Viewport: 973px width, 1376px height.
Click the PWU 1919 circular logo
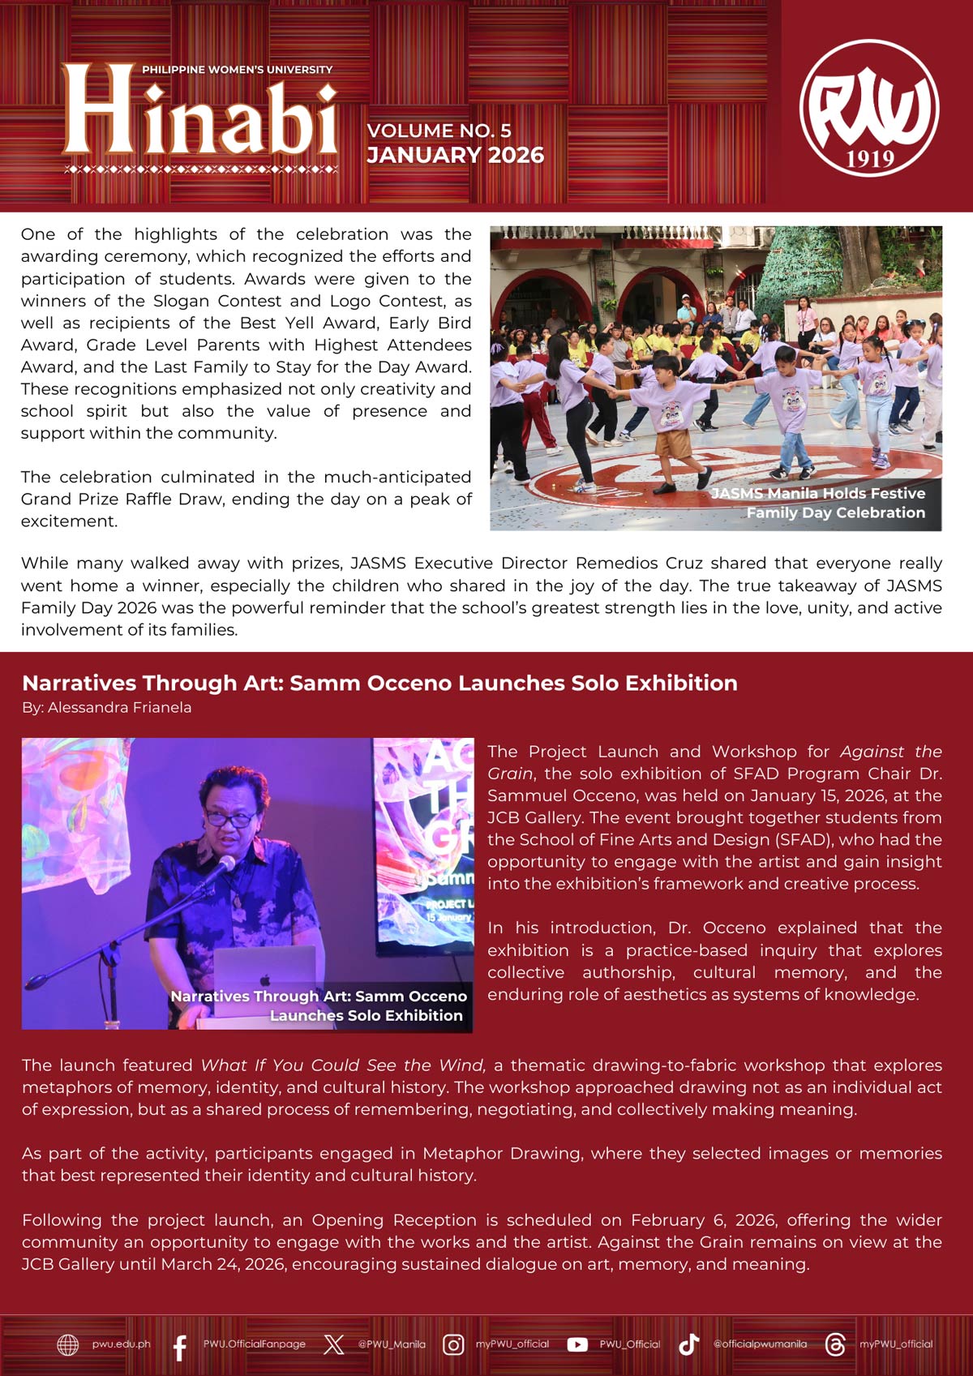(x=869, y=108)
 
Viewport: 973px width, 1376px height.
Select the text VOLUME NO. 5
(x=439, y=131)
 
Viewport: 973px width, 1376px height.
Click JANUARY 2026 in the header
(x=455, y=155)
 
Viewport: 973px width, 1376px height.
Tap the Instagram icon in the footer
(x=453, y=1344)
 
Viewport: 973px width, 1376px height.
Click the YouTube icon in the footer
(x=577, y=1344)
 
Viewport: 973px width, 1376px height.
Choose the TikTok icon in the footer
(x=688, y=1344)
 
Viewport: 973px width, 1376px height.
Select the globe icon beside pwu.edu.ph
(x=68, y=1344)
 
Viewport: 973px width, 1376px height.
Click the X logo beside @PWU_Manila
(x=333, y=1344)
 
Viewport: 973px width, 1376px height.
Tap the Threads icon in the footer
(x=834, y=1344)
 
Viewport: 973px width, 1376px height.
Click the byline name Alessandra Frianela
(x=119, y=707)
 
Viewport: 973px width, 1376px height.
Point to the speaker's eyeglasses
(x=230, y=819)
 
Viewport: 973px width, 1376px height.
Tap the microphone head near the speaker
(x=226, y=864)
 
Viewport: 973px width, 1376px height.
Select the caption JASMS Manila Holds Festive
(x=818, y=493)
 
